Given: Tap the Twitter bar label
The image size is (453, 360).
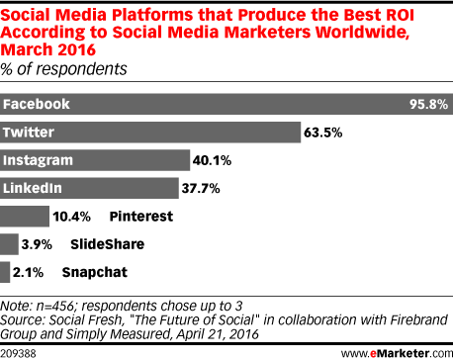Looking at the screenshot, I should click(x=30, y=132).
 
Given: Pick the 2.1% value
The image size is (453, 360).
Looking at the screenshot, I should click(x=33, y=270).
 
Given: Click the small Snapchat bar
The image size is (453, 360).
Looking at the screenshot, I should click(x=6, y=270).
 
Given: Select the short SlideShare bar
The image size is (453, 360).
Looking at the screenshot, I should click(x=10, y=242).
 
